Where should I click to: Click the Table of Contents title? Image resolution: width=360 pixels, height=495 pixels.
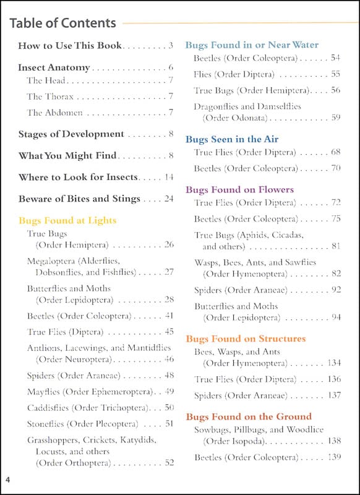point(62,24)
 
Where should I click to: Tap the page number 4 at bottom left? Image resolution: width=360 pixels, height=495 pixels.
point(8,480)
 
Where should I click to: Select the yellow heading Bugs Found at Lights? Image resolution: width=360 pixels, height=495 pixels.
point(67,220)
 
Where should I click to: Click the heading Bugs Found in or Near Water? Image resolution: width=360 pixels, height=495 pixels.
point(252,45)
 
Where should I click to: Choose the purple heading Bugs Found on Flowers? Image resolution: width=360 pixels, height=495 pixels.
point(239,189)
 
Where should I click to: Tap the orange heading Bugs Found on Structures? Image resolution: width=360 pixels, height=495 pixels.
point(246,338)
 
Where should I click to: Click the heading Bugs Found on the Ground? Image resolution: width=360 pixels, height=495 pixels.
point(249,416)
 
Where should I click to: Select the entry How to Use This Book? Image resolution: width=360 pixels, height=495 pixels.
point(70,45)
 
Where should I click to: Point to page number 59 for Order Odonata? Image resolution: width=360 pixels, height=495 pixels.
point(336,117)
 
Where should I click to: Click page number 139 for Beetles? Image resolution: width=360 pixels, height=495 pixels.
point(334,457)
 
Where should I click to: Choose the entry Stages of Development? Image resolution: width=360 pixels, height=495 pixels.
point(71,134)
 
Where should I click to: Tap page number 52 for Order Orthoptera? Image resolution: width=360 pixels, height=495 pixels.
point(169,462)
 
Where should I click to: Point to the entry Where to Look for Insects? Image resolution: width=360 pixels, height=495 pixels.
point(78,177)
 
